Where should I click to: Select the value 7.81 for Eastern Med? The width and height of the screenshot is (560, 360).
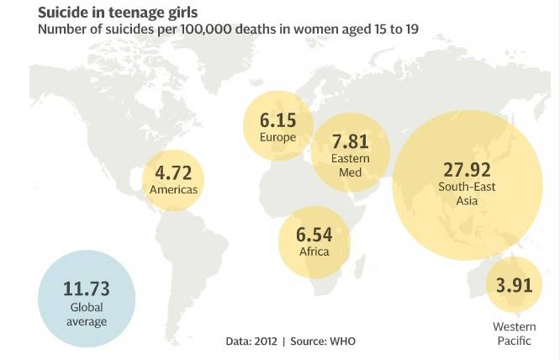(351, 141)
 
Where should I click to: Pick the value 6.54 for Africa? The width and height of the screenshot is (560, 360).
(314, 235)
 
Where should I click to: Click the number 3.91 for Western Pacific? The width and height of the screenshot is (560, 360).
(514, 285)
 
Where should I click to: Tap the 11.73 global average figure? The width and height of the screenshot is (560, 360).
(87, 289)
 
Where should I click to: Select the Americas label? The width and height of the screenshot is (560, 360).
(173, 189)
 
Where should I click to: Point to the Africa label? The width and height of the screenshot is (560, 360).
(314, 251)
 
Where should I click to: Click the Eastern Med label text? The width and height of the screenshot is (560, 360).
(351, 166)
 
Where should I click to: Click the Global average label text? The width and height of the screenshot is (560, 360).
(87, 314)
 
